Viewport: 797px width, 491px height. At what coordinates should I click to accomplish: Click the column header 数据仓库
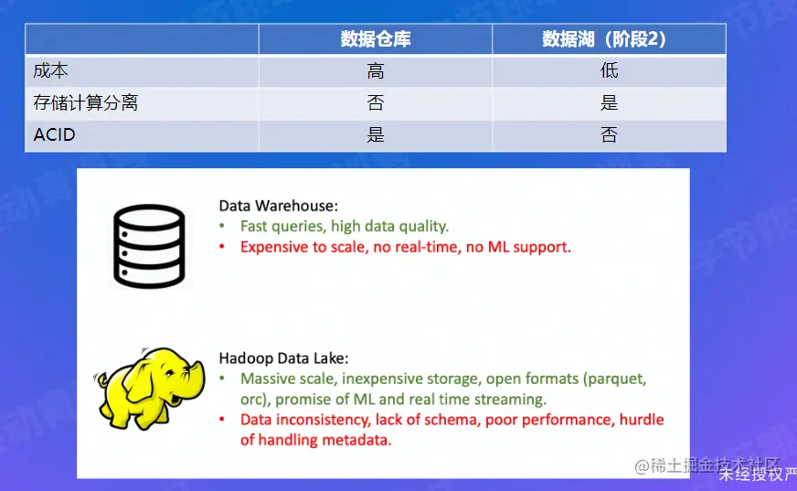[x=375, y=39]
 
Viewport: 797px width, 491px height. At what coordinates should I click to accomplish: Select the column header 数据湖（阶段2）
[x=604, y=39]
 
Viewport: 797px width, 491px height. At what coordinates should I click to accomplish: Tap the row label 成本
[x=51, y=70]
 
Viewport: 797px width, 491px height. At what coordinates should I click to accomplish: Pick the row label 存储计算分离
[x=85, y=102]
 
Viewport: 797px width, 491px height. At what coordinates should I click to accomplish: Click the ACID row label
[x=55, y=134]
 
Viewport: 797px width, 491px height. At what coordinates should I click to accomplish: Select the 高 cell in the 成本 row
[x=376, y=70]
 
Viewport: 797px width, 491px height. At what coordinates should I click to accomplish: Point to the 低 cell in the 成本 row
[x=609, y=70]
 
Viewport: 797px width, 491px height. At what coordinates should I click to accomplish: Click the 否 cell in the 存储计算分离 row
[x=376, y=102]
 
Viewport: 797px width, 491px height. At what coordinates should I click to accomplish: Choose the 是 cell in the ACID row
[x=376, y=134]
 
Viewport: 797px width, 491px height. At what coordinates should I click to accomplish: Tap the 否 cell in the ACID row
[x=609, y=134]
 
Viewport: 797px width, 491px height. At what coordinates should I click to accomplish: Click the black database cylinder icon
[x=149, y=246]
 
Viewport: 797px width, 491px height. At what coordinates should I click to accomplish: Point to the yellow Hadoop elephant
[x=150, y=389]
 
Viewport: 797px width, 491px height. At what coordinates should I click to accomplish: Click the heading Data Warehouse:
[x=278, y=206]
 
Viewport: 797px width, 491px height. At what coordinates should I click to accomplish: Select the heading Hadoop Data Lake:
[x=283, y=358]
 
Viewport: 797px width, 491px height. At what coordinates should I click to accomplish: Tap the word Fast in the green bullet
[x=254, y=226]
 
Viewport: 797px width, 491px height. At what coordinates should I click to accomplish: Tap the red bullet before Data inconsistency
[x=222, y=420]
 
